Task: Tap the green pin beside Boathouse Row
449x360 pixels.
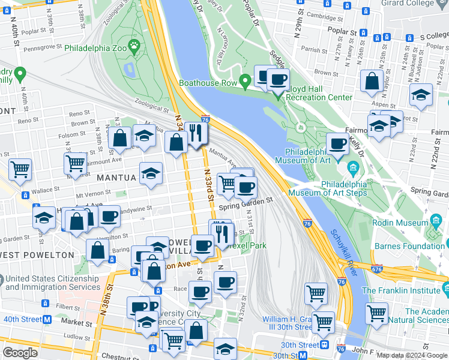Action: pyautogui.click(x=245, y=80)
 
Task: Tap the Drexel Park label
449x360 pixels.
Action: pyautogui.click(x=247, y=245)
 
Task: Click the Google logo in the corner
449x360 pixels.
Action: pyautogui.click(x=20, y=352)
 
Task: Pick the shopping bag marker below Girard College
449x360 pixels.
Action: pyautogui.click(x=372, y=81)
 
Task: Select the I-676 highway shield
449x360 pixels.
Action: pyautogui.click(x=376, y=269)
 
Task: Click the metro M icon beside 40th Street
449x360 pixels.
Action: pyautogui.click(x=46, y=319)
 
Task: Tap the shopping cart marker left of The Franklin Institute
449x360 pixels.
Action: pyautogui.click(x=376, y=313)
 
